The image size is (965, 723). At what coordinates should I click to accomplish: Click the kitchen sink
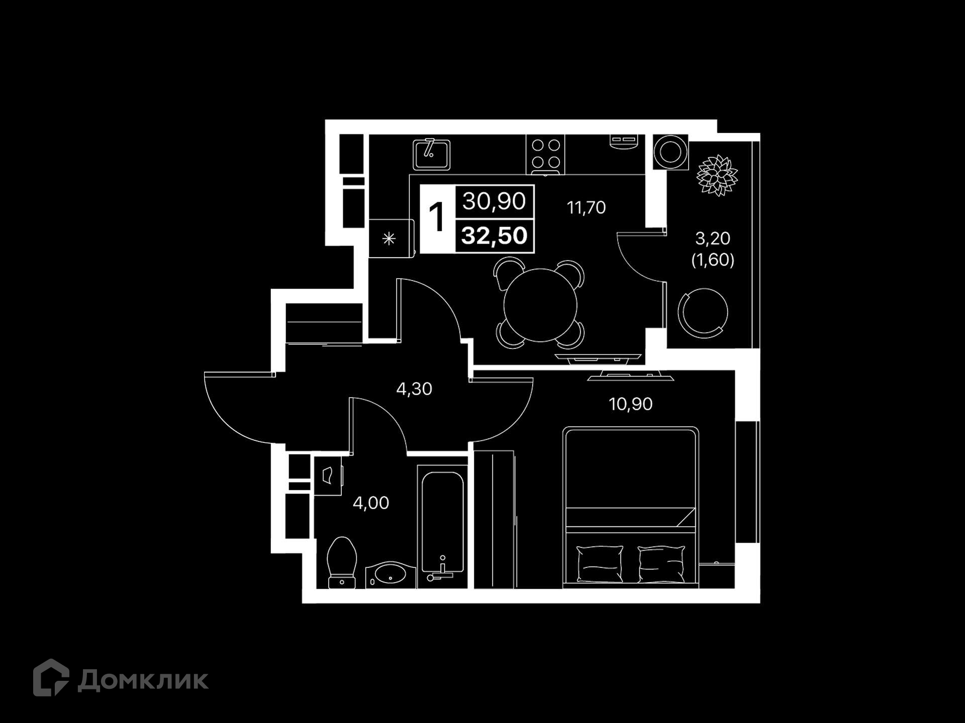click(x=431, y=155)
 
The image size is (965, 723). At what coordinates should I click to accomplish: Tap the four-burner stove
click(x=545, y=155)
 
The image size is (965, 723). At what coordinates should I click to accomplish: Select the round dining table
click(x=540, y=305)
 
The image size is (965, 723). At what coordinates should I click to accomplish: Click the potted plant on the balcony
click(x=717, y=175)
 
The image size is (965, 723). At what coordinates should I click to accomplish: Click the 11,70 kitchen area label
click(x=586, y=207)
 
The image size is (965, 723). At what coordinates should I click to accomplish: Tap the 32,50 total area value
click(x=494, y=235)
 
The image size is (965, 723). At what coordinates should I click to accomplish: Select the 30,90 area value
click(x=494, y=201)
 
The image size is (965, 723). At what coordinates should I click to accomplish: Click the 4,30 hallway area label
click(x=414, y=389)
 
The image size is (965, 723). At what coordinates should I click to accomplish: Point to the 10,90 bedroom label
click(x=630, y=404)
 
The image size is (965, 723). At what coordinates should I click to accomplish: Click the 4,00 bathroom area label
click(x=371, y=503)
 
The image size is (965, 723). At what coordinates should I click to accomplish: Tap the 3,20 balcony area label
click(x=713, y=238)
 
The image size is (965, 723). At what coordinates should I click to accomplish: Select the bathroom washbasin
click(x=391, y=575)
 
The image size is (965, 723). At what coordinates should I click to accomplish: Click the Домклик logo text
click(x=143, y=681)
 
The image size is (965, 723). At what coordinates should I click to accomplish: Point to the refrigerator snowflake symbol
click(x=389, y=239)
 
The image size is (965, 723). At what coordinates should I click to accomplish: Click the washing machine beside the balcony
click(x=670, y=152)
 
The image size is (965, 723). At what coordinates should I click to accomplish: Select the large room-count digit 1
click(x=437, y=217)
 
